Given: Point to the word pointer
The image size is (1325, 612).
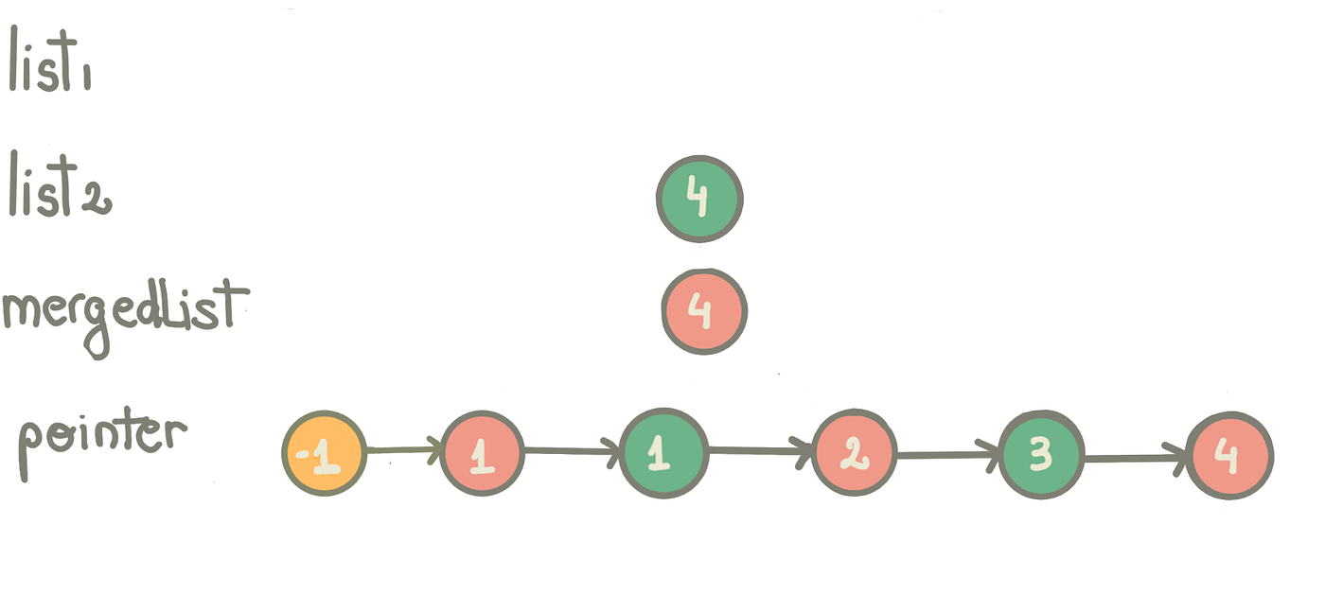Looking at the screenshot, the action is point(102,437).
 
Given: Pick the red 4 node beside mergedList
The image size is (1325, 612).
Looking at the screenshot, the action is point(704,312).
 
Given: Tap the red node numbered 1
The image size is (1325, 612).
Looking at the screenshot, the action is point(482,453).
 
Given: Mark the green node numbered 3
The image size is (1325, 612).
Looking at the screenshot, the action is point(1041,455).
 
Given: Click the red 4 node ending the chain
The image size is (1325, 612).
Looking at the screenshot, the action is point(1229,457).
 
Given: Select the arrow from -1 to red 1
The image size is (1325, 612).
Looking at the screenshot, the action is point(403,450).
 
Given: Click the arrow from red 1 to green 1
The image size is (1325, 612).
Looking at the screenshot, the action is point(571,451).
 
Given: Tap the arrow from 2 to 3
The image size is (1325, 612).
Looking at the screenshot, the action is point(947,455).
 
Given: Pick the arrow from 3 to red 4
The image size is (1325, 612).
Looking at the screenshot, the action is point(1135,459).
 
